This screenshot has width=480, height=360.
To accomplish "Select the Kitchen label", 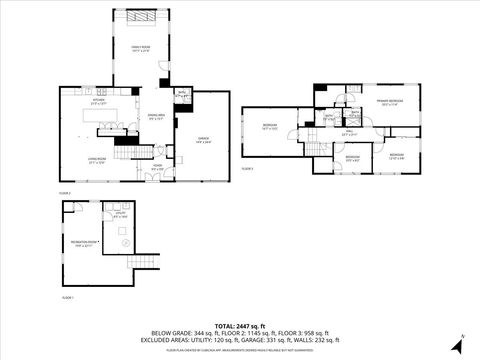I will point(99,101).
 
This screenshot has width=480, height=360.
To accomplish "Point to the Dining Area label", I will point(156,117).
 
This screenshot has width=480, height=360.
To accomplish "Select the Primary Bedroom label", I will point(390,102).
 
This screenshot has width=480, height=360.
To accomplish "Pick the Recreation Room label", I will point(84,242).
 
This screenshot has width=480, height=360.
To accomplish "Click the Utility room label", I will point(121,215).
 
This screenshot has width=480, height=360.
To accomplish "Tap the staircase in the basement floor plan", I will point(145,262).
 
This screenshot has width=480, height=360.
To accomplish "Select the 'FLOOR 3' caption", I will point(248,170).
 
